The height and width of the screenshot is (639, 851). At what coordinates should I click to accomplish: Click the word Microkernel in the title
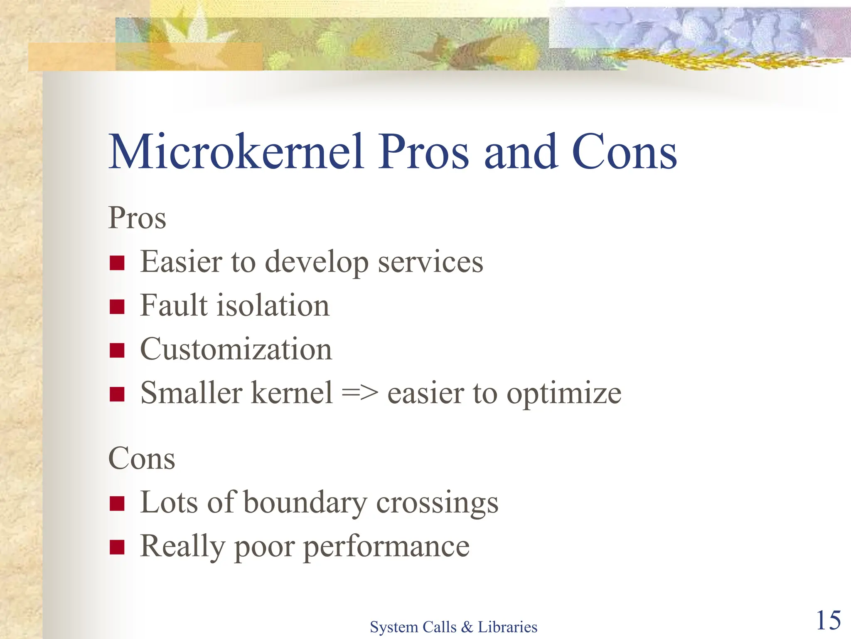tap(236, 152)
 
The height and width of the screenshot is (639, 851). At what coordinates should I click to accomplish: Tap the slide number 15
tap(828, 620)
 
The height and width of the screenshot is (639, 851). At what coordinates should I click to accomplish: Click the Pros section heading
tap(137, 218)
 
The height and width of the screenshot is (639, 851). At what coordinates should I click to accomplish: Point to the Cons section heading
tap(142, 458)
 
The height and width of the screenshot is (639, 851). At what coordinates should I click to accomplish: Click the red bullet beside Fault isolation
tap(117, 307)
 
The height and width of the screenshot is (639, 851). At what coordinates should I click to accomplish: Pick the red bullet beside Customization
tap(117, 350)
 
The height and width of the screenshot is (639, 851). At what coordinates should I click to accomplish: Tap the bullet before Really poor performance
tap(117, 547)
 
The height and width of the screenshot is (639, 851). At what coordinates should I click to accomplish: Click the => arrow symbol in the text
tap(360, 393)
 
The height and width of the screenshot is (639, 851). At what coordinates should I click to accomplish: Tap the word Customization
tap(236, 349)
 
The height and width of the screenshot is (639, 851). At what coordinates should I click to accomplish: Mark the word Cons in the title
tap(625, 152)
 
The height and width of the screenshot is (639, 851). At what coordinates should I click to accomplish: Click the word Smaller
tap(192, 393)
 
